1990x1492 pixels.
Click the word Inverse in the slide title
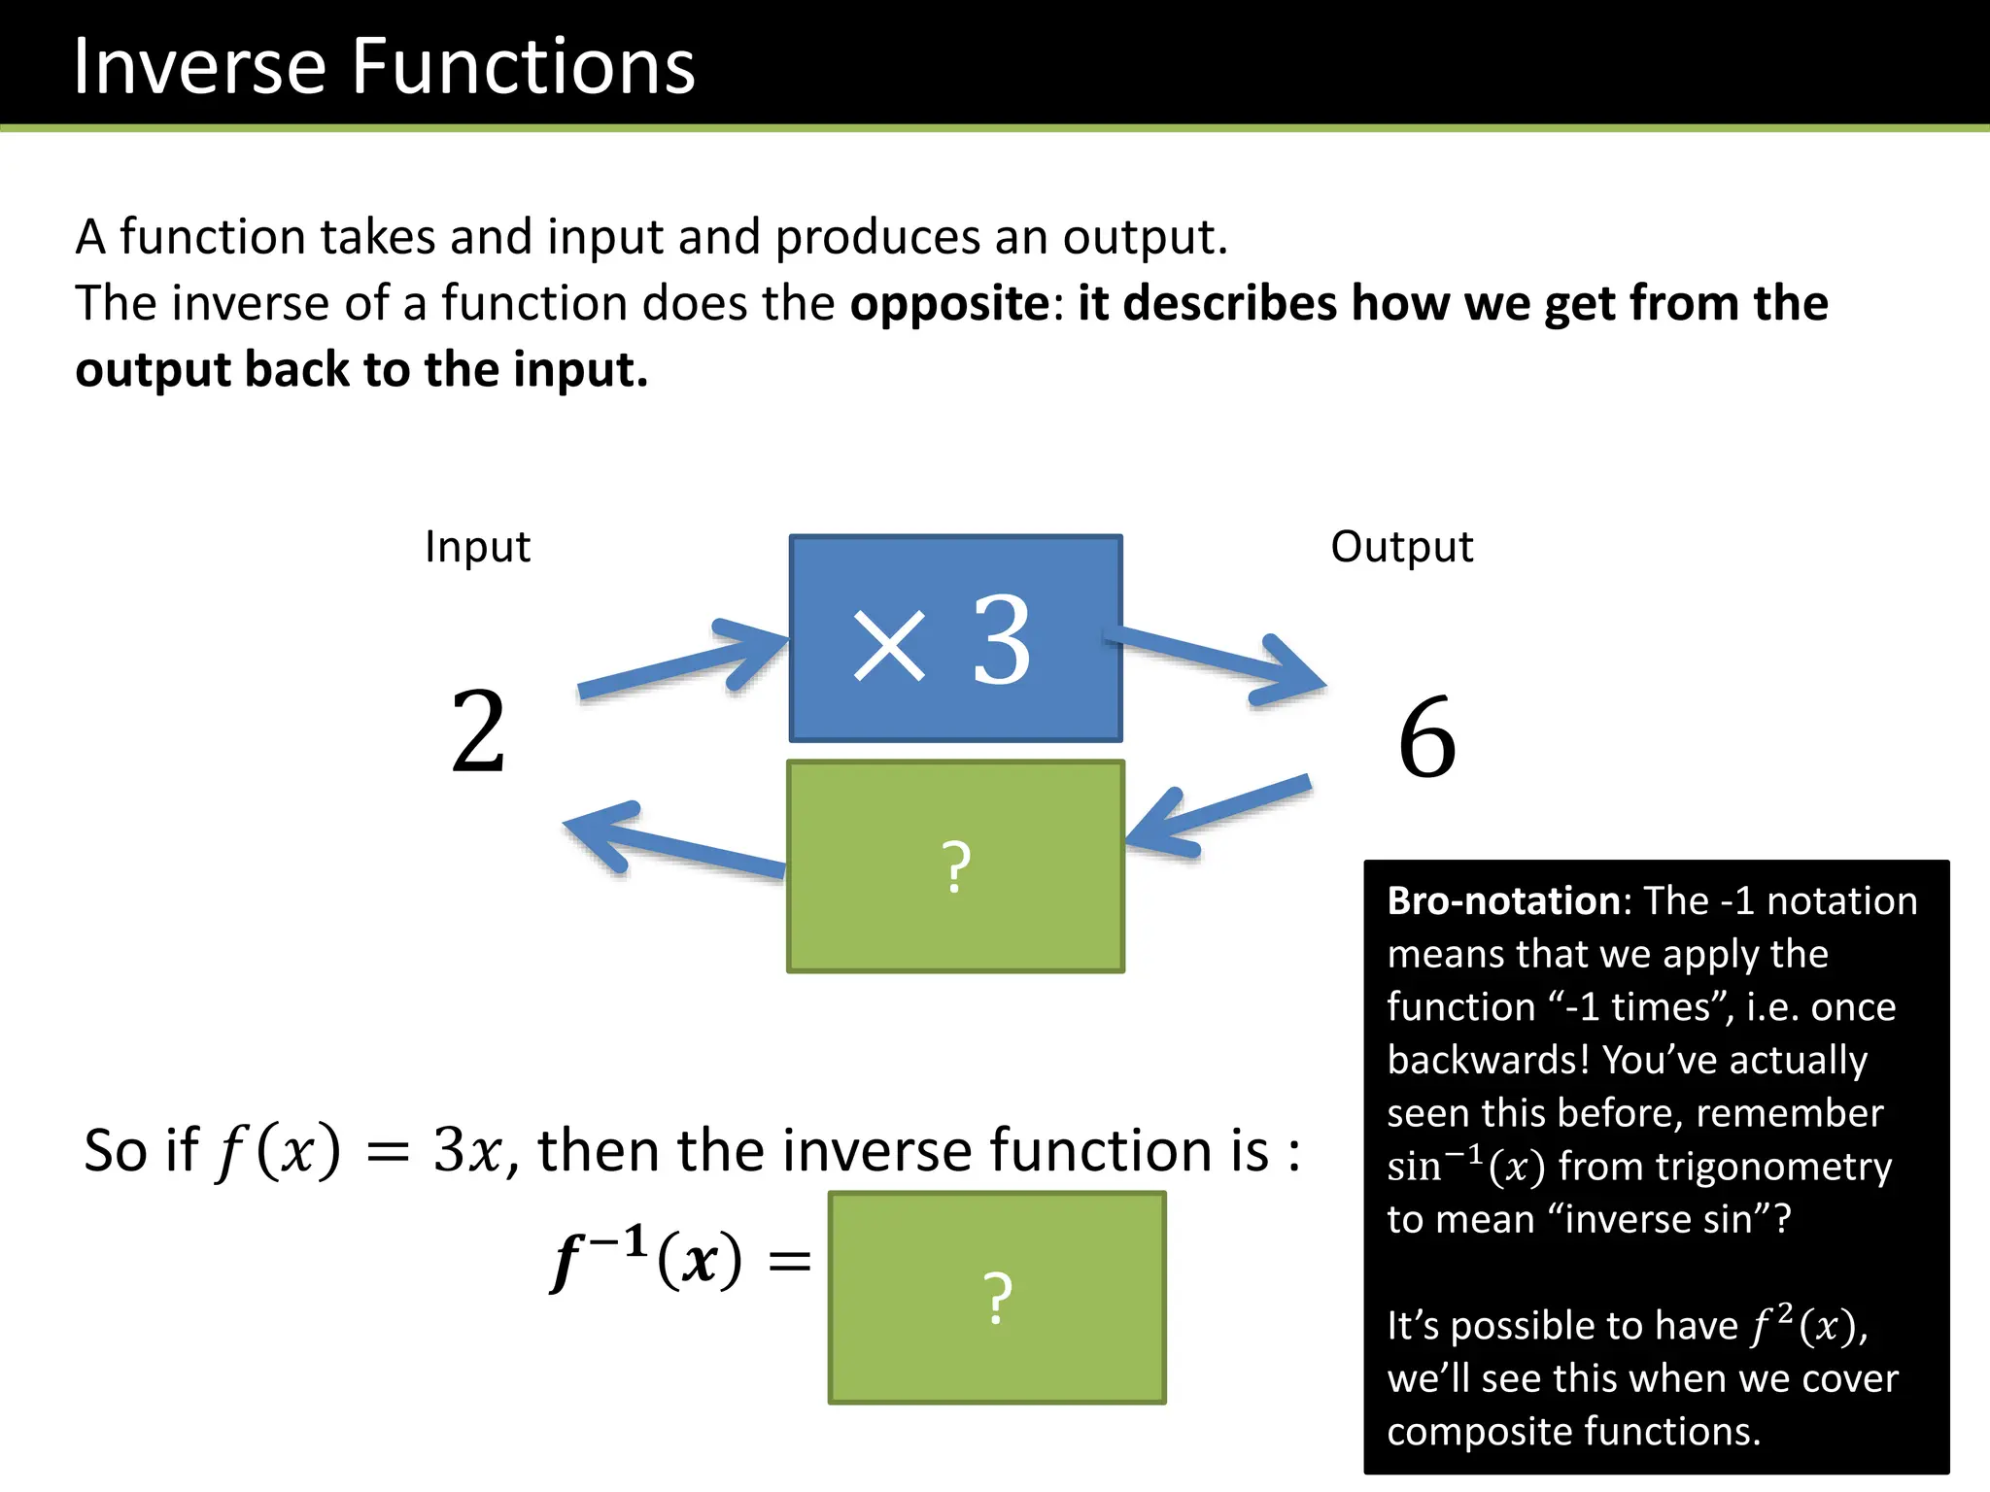tap(199, 66)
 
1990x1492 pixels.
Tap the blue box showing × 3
tap(956, 639)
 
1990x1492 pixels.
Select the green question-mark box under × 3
tap(956, 866)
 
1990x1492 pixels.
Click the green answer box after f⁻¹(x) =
tap(997, 1298)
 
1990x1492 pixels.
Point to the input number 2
tap(478, 732)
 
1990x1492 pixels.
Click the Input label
tap(477, 547)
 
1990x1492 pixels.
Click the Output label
tap(1401, 547)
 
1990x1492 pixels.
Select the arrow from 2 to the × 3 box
tap(680, 662)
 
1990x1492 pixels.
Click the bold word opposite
tap(949, 304)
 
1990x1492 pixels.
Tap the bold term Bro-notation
tap(1503, 901)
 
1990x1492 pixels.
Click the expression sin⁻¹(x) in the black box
tap(1465, 1167)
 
